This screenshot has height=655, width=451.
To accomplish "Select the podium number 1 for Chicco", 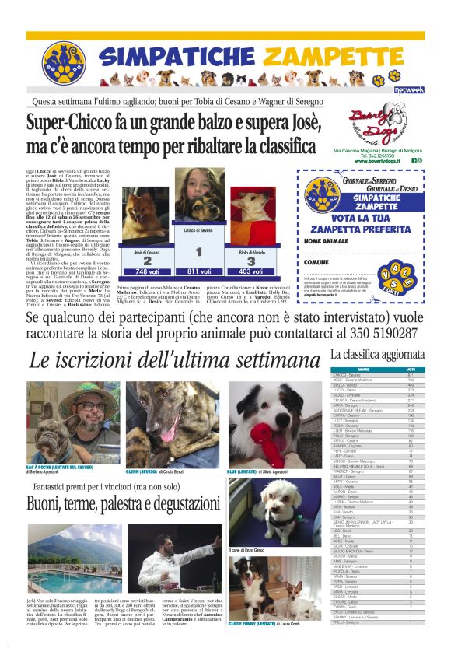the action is pos(199,250).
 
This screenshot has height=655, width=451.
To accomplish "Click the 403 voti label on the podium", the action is pos(251,271).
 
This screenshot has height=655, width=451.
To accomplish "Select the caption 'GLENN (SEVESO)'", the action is pos(144,471).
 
